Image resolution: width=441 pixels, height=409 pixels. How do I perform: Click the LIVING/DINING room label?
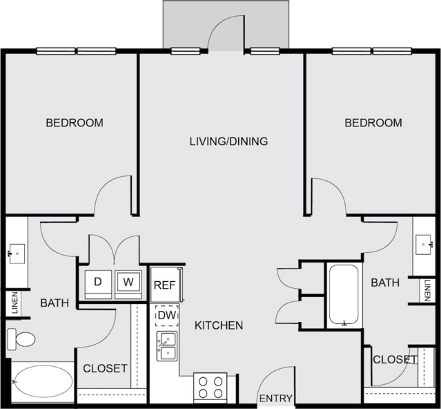(x=228, y=142)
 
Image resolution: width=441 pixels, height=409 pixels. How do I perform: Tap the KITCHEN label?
(x=219, y=325)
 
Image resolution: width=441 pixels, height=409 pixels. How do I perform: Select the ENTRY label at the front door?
(x=275, y=399)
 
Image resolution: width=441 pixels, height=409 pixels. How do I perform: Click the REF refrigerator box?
(x=165, y=285)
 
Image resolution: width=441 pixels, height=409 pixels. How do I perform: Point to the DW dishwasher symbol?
(x=167, y=316)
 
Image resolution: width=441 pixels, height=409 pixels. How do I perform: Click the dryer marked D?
(x=98, y=285)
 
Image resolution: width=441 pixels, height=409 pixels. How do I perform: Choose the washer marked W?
(x=128, y=285)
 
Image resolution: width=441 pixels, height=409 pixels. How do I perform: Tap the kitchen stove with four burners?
(x=210, y=388)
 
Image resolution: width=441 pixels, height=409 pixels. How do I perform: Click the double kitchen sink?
(x=167, y=346)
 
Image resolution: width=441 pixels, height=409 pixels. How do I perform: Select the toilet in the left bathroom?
(x=21, y=339)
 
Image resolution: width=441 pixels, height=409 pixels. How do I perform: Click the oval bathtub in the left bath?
(x=43, y=381)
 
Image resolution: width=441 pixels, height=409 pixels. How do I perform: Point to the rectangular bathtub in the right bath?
(x=344, y=295)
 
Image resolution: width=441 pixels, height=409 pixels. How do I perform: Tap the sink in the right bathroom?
(x=423, y=245)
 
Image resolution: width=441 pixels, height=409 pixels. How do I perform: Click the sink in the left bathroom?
(x=17, y=254)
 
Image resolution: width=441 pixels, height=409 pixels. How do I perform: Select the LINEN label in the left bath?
(x=14, y=303)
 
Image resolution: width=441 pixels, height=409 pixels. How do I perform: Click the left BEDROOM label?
(x=75, y=123)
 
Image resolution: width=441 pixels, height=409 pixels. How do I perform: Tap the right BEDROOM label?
(x=373, y=123)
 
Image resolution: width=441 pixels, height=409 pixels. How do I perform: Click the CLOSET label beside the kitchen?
(x=105, y=368)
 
